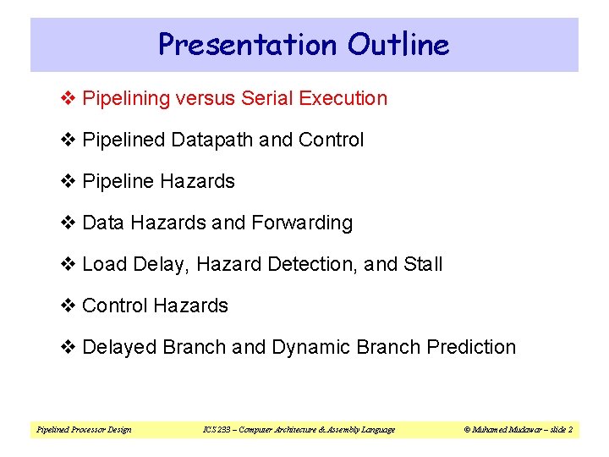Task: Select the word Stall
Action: (423, 264)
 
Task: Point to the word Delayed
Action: (119, 347)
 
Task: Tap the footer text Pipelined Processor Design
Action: (84, 430)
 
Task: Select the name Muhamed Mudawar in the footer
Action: (506, 430)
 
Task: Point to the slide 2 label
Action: (560, 430)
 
